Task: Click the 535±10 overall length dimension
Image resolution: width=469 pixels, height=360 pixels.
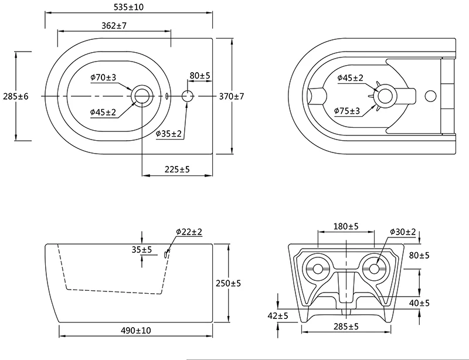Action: click(x=130, y=8)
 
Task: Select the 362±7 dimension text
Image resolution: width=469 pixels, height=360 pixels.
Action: click(x=114, y=25)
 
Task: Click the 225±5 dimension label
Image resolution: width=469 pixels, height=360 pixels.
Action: click(x=176, y=169)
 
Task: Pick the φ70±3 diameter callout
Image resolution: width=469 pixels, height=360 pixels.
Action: click(x=103, y=77)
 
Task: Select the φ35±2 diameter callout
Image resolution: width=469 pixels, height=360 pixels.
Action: click(x=169, y=134)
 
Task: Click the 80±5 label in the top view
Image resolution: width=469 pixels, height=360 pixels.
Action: click(x=200, y=76)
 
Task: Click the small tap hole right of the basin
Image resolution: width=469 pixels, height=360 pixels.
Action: click(x=188, y=96)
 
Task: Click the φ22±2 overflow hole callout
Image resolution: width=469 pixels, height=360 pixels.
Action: click(x=188, y=232)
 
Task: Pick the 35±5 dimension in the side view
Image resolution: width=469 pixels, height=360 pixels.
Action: click(x=141, y=250)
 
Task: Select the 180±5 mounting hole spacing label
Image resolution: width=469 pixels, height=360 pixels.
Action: click(x=346, y=226)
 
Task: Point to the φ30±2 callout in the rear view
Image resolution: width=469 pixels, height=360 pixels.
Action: click(x=402, y=232)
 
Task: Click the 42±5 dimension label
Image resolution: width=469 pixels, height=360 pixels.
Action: click(x=278, y=316)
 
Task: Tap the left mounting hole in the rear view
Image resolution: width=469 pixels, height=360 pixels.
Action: click(x=318, y=269)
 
